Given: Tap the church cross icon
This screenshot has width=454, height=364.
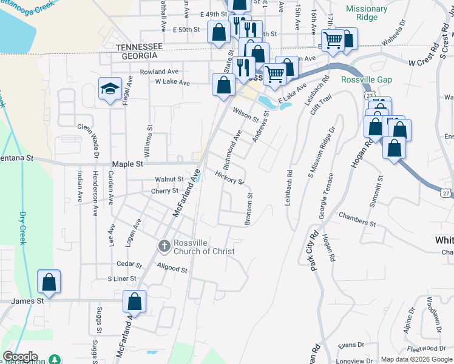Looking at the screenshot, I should tap(164, 246).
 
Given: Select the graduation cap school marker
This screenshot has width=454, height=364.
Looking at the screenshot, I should tap(110, 89).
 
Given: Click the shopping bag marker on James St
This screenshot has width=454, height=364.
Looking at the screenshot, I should tap(49, 282).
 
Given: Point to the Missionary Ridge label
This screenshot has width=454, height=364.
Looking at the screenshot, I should tap(367, 13).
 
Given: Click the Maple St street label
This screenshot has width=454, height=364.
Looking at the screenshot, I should tap(127, 164).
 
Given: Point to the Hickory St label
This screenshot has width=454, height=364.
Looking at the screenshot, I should tap(229, 178).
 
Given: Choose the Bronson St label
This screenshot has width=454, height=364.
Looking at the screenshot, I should tap(248, 209).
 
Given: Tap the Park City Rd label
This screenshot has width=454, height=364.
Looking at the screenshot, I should tap(314, 249).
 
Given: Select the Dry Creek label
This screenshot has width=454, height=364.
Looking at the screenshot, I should tap(22, 227).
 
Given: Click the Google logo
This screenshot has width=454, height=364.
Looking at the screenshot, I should tap(20, 357).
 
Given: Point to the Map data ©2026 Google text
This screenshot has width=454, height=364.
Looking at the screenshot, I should tap(416, 359).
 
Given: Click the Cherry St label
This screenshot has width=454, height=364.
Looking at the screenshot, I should tap(164, 190).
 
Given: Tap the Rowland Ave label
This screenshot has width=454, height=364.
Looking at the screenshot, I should tap(159, 72).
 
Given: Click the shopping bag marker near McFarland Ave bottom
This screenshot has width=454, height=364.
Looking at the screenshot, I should tap(135, 302).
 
